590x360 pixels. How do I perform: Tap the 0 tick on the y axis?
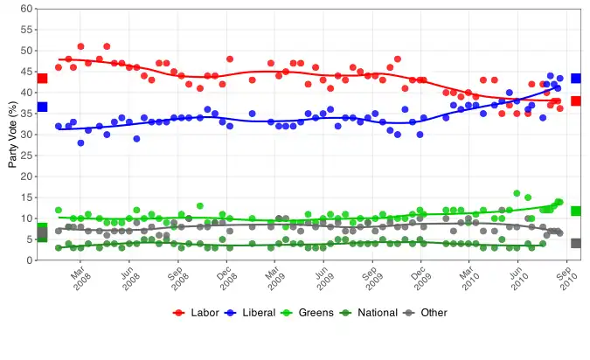(x=30, y=260)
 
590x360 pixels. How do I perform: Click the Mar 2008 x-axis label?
(x=80, y=280)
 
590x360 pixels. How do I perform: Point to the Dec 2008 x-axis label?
(x=226, y=280)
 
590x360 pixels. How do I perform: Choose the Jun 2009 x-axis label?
(x=324, y=280)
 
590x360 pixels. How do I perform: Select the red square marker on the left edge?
(x=42, y=79)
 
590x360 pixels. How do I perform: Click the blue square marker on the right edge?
(x=576, y=79)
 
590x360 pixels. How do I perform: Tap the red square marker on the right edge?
(x=576, y=101)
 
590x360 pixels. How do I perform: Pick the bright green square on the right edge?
(x=576, y=211)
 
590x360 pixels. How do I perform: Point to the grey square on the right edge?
(x=576, y=243)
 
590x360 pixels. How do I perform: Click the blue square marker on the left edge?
(x=42, y=107)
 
